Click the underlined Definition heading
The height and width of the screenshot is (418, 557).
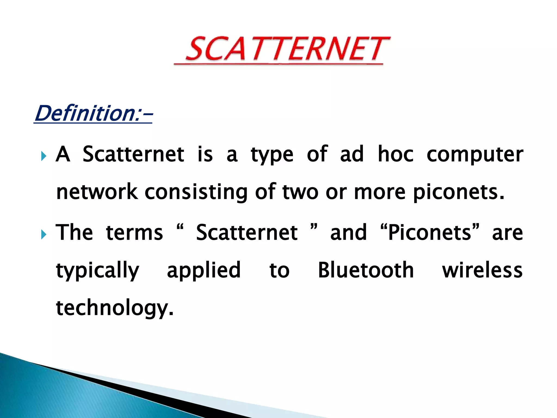pos(93,114)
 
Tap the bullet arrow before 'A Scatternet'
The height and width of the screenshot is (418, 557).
pos(44,156)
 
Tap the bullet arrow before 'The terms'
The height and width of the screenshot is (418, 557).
pos(44,234)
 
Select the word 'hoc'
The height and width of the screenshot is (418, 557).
pos(396,154)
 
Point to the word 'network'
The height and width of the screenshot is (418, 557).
pos(97,192)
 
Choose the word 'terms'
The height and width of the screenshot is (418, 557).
pos(134,233)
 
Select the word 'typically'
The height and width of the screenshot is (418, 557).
pos(97,271)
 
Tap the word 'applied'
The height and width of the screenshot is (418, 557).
pos(204,271)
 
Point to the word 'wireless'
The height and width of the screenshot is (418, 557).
pos(482,271)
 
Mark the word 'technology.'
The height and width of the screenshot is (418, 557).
pos(115,308)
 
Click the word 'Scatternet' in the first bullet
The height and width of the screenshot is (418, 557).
pos(133,154)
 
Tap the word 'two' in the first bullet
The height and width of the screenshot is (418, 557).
pos(300,192)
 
